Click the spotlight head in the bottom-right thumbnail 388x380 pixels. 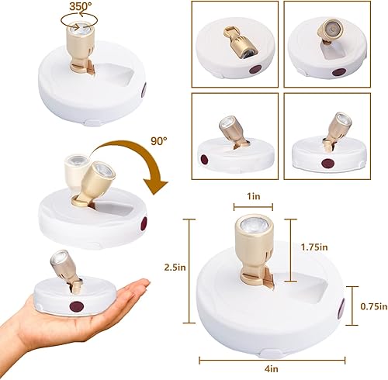point(340,126)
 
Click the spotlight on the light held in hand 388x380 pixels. point(60,266)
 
